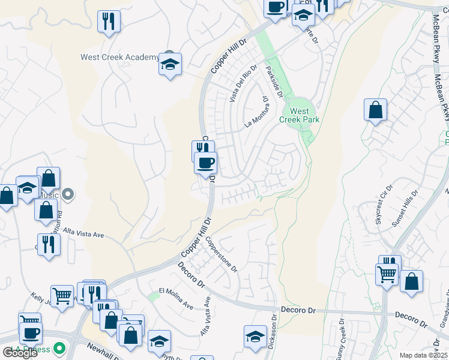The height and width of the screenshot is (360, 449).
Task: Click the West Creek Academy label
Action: coord(120,58)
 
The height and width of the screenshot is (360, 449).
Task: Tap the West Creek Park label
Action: coord(300,115)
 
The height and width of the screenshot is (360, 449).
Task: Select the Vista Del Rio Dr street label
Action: coord(243,83)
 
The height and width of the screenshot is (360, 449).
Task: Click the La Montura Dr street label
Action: coord(256,112)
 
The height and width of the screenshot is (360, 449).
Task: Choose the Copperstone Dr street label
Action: coord(221,254)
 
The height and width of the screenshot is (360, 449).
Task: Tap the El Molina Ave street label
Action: coord(176,298)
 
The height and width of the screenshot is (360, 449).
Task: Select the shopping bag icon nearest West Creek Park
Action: coord(375,110)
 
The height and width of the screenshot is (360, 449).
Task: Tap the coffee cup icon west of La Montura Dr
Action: coord(206,163)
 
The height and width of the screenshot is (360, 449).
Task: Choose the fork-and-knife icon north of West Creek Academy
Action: coord(109,22)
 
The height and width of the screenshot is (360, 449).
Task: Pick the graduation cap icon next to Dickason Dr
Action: coord(255,337)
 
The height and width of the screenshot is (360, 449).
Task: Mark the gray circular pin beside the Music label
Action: coord(68,194)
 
